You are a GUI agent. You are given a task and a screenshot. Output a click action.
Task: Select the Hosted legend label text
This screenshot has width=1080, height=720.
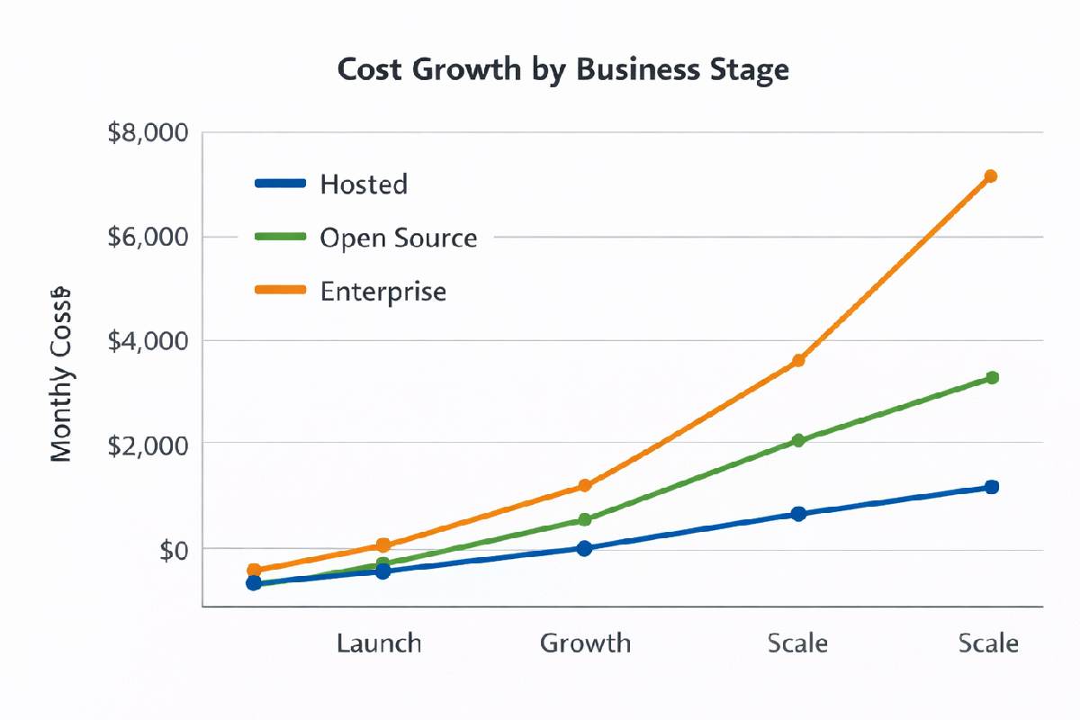[x=364, y=184]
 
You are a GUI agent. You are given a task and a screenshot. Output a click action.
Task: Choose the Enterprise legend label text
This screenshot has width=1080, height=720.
[x=382, y=292]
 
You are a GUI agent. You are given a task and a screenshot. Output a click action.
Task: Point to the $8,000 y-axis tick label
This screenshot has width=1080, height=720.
[x=148, y=133]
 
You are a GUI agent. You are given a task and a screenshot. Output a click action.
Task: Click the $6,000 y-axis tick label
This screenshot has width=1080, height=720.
[x=148, y=238]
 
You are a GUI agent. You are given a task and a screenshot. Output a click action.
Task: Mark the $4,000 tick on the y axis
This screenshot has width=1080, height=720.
[x=148, y=341]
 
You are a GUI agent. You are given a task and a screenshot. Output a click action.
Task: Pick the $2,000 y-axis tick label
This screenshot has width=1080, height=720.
[x=148, y=445]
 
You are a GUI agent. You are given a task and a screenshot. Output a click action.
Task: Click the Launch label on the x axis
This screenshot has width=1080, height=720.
[x=379, y=643]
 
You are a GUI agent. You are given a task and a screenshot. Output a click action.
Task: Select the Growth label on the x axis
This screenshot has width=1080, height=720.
[x=585, y=643]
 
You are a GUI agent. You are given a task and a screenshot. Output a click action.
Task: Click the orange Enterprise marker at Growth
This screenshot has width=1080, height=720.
[x=585, y=486]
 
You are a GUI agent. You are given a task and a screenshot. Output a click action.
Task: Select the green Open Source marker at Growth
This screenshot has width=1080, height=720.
[x=585, y=519]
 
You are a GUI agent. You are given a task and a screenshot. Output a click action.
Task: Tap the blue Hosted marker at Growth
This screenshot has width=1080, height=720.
[x=585, y=548]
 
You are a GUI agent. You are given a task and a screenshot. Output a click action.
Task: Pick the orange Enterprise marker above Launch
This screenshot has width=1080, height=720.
[x=383, y=545]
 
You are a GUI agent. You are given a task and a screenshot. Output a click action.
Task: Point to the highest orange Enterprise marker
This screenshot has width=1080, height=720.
[x=991, y=176]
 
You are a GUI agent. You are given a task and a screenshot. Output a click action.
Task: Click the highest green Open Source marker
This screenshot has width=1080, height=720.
[x=992, y=378]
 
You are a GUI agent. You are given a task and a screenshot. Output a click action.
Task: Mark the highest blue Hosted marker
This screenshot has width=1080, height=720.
[x=992, y=487]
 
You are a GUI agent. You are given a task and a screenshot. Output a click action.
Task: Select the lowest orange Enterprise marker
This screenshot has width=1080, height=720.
[x=254, y=570]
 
